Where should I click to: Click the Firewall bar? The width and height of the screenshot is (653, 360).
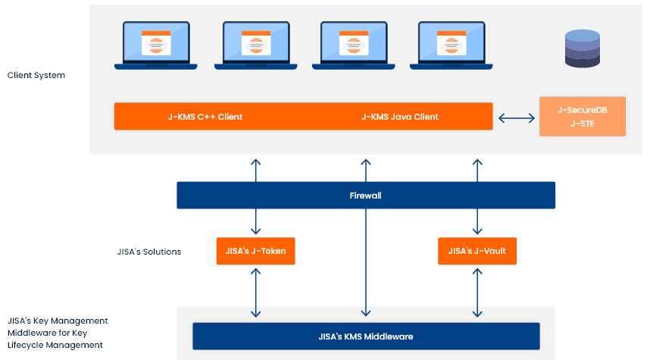click(366, 195)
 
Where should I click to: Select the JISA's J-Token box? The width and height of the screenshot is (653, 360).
click(255, 251)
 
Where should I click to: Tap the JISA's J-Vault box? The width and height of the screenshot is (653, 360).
click(477, 251)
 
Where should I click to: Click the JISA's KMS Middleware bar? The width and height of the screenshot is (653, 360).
click(366, 336)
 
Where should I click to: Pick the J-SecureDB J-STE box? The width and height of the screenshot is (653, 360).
click(582, 117)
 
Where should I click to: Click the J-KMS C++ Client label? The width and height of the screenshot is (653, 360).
click(205, 117)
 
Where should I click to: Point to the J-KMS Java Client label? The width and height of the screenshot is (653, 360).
click(399, 117)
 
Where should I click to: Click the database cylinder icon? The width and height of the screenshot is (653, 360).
click(582, 49)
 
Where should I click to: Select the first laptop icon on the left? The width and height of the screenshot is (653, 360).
click(156, 45)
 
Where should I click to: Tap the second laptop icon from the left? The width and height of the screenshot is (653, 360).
click(255, 45)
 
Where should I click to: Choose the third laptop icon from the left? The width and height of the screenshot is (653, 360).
click(354, 45)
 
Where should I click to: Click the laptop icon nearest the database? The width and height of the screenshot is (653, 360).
click(451, 45)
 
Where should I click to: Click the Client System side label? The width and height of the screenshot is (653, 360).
click(36, 75)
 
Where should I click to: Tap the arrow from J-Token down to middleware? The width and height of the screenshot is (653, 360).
click(256, 291)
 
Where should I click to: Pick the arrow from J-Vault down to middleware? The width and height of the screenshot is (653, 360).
click(477, 291)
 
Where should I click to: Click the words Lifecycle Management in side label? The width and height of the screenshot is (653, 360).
click(55, 345)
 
